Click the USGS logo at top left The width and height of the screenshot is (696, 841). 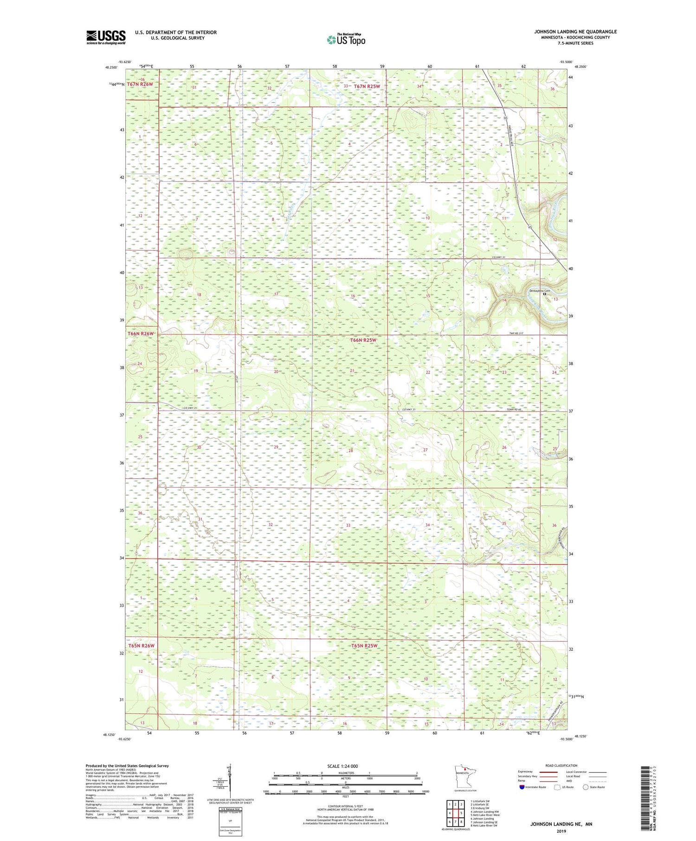(106, 37)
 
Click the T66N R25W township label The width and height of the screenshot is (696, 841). (363, 340)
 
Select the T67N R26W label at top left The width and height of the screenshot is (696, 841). (140, 84)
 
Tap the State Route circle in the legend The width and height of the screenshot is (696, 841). (586, 787)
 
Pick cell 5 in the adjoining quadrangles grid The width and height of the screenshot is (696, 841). (461, 813)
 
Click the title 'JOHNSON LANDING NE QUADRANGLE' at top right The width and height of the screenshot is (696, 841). (575, 32)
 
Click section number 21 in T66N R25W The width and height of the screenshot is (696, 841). (352, 371)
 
